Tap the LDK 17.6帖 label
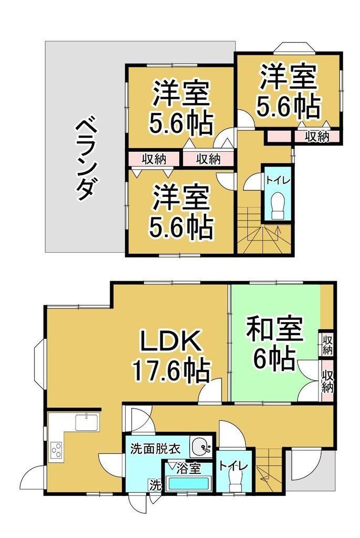pyautogui.click(x=171, y=356)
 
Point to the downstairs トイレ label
pyautogui.click(x=233, y=467)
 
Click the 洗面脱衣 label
pyautogui.click(x=155, y=449)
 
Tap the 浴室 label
pyautogui.click(x=188, y=469)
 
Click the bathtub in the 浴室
pyautogui.click(x=189, y=484)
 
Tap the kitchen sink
pyautogui.click(x=87, y=421)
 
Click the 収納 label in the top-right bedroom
pyautogui.click(x=317, y=137)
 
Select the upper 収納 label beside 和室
pyautogui.click(x=327, y=345)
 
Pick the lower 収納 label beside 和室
pyautogui.click(x=327, y=381)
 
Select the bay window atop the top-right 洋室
pyautogui.click(x=293, y=47)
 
